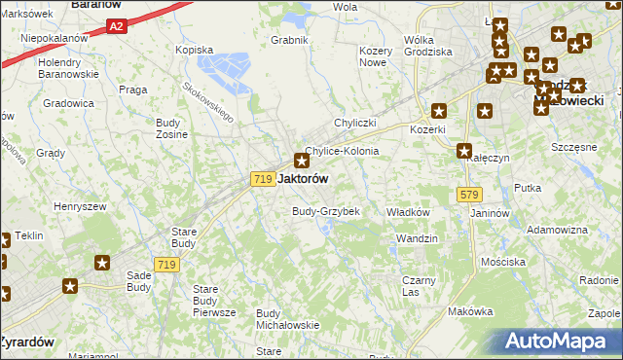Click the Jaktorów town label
303,179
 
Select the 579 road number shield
467,196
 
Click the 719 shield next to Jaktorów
261,179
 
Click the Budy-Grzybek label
326,211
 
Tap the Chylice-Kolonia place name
342,152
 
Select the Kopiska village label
193,50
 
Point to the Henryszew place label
79,206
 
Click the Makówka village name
471,311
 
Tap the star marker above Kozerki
440,111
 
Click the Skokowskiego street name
208,100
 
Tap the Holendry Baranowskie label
65,67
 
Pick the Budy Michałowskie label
287,319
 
